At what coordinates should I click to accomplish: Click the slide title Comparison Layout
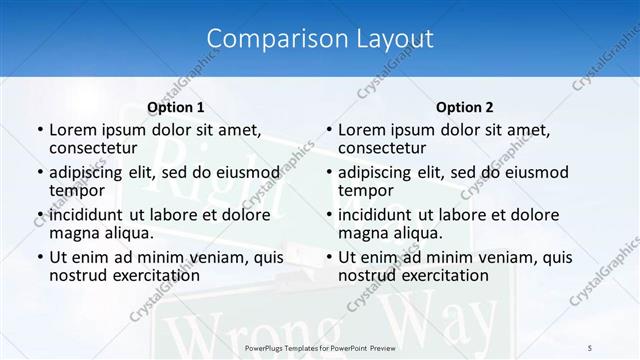pyautogui.click(x=320, y=39)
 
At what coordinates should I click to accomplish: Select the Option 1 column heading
pyautogui.click(x=176, y=107)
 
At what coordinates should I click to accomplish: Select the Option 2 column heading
pyautogui.click(x=465, y=107)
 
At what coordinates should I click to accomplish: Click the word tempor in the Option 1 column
pyautogui.click(x=77, y=190)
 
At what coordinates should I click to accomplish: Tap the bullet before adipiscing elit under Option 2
pyautogui.click(x=328, y=173)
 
